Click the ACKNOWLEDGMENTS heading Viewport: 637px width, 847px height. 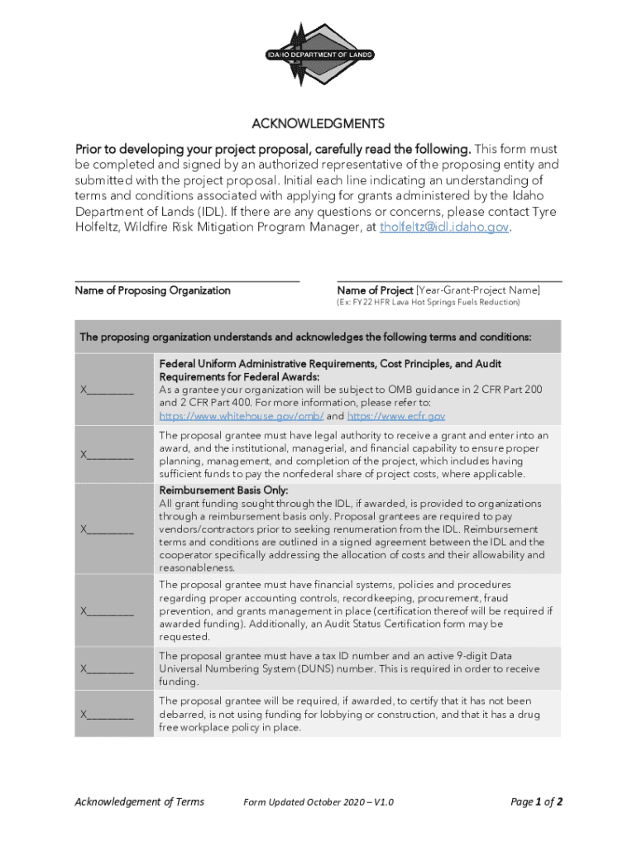click(318, 124)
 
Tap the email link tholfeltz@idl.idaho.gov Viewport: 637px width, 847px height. click(444, 227)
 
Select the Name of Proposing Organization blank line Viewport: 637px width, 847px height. click(187, 280)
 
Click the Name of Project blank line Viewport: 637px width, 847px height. click(449, 280)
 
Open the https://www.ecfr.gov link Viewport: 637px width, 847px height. click(396, 416)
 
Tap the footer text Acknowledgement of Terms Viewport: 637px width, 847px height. click(139, 802)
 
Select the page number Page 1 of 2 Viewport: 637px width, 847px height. click(537, 802)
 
